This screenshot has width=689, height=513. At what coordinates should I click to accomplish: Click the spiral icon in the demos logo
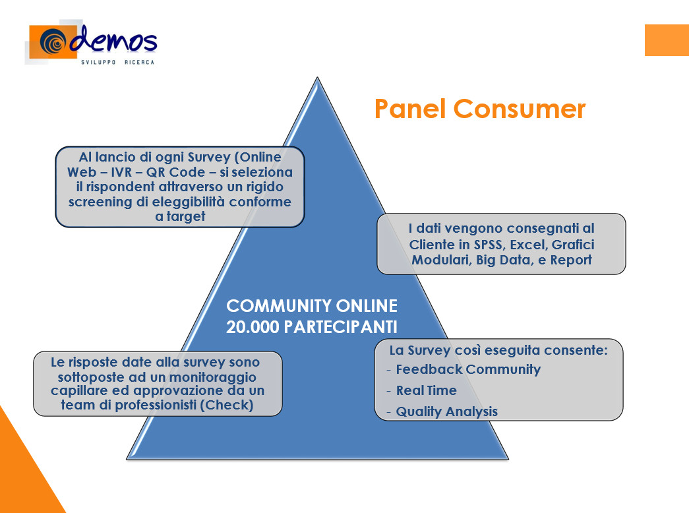(52, 42)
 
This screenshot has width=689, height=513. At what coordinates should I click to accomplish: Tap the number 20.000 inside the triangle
(253, 327)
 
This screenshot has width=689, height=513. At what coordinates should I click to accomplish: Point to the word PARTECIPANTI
(341, 327)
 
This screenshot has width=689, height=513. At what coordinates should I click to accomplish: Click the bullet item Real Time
(426, 390)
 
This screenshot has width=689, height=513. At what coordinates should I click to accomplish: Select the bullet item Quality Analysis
(447, 411)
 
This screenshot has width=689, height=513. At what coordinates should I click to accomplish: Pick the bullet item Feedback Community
(468, 369)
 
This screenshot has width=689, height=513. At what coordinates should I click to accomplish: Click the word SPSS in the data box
(488, 245)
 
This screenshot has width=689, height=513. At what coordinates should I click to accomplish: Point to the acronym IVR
(121, 172)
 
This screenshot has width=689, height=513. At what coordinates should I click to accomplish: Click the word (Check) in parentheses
(227, 405)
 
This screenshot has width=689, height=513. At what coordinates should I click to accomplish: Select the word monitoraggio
(213, 377)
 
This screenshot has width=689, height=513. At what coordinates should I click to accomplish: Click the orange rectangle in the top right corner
(667, 40)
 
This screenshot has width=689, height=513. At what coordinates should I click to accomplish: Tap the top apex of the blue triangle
(317, 78)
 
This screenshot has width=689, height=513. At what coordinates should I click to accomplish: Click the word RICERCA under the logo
(139, 63)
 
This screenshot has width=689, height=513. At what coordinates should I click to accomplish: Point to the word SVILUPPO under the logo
(98, 63)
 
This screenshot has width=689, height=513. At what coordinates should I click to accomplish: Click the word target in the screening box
(185, 216)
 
